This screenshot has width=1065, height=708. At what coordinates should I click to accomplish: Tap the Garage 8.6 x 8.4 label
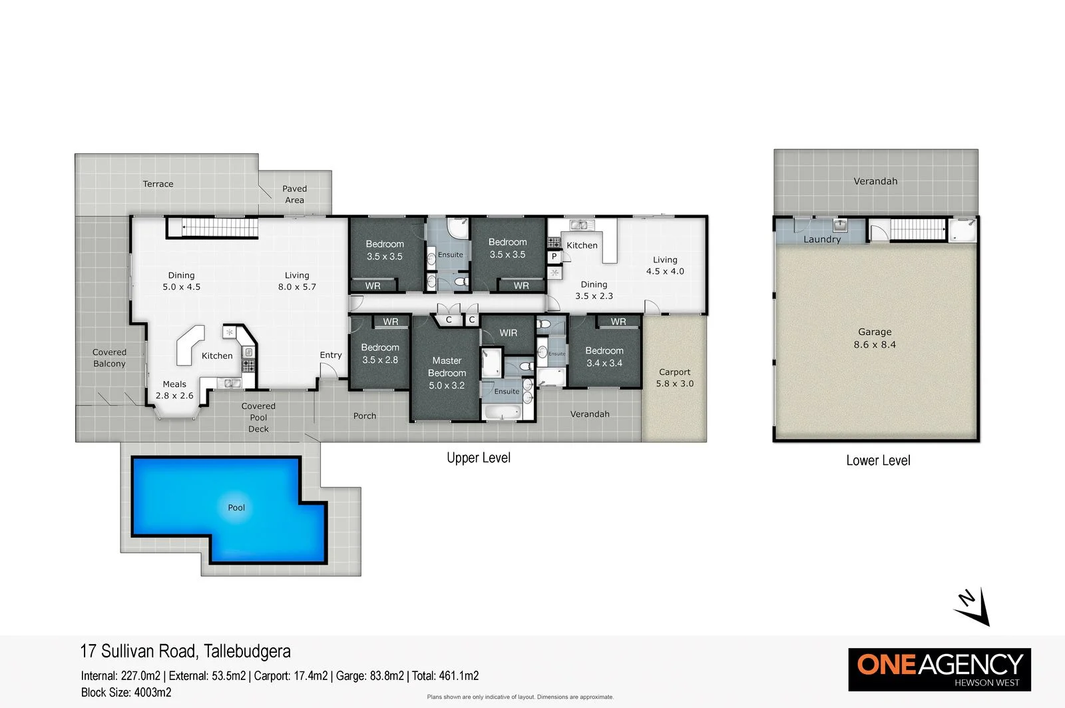point(875,338)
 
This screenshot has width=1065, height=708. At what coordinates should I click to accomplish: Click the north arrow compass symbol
point(973,607)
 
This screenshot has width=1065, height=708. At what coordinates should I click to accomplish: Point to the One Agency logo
point(939,669)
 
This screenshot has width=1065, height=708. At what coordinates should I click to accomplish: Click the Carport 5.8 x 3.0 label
point(674,378)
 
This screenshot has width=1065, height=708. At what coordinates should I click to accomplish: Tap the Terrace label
point(158,184)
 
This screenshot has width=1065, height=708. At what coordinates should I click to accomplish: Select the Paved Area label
point(294,194)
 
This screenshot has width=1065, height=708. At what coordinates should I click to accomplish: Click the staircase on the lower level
point(917,229)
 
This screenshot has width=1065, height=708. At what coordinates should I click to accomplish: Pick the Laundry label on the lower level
point(822,239)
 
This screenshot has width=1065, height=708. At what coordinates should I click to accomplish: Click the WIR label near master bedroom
point(508,332)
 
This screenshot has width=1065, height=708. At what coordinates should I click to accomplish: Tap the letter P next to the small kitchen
point(554,256)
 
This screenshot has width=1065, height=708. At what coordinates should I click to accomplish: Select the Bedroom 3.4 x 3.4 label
point(604,356)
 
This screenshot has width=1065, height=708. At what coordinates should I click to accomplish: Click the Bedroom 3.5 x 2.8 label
point(380,354)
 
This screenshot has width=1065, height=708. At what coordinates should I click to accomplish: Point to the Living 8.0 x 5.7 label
point(297,281)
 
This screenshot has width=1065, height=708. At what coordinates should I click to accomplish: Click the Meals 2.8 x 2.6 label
point(174,390)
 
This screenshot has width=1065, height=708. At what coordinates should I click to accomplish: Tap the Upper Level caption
point(479,458)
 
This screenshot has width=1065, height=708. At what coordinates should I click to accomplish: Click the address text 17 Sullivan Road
point(185,651)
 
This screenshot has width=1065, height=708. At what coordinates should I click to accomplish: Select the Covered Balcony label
point(109,358)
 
